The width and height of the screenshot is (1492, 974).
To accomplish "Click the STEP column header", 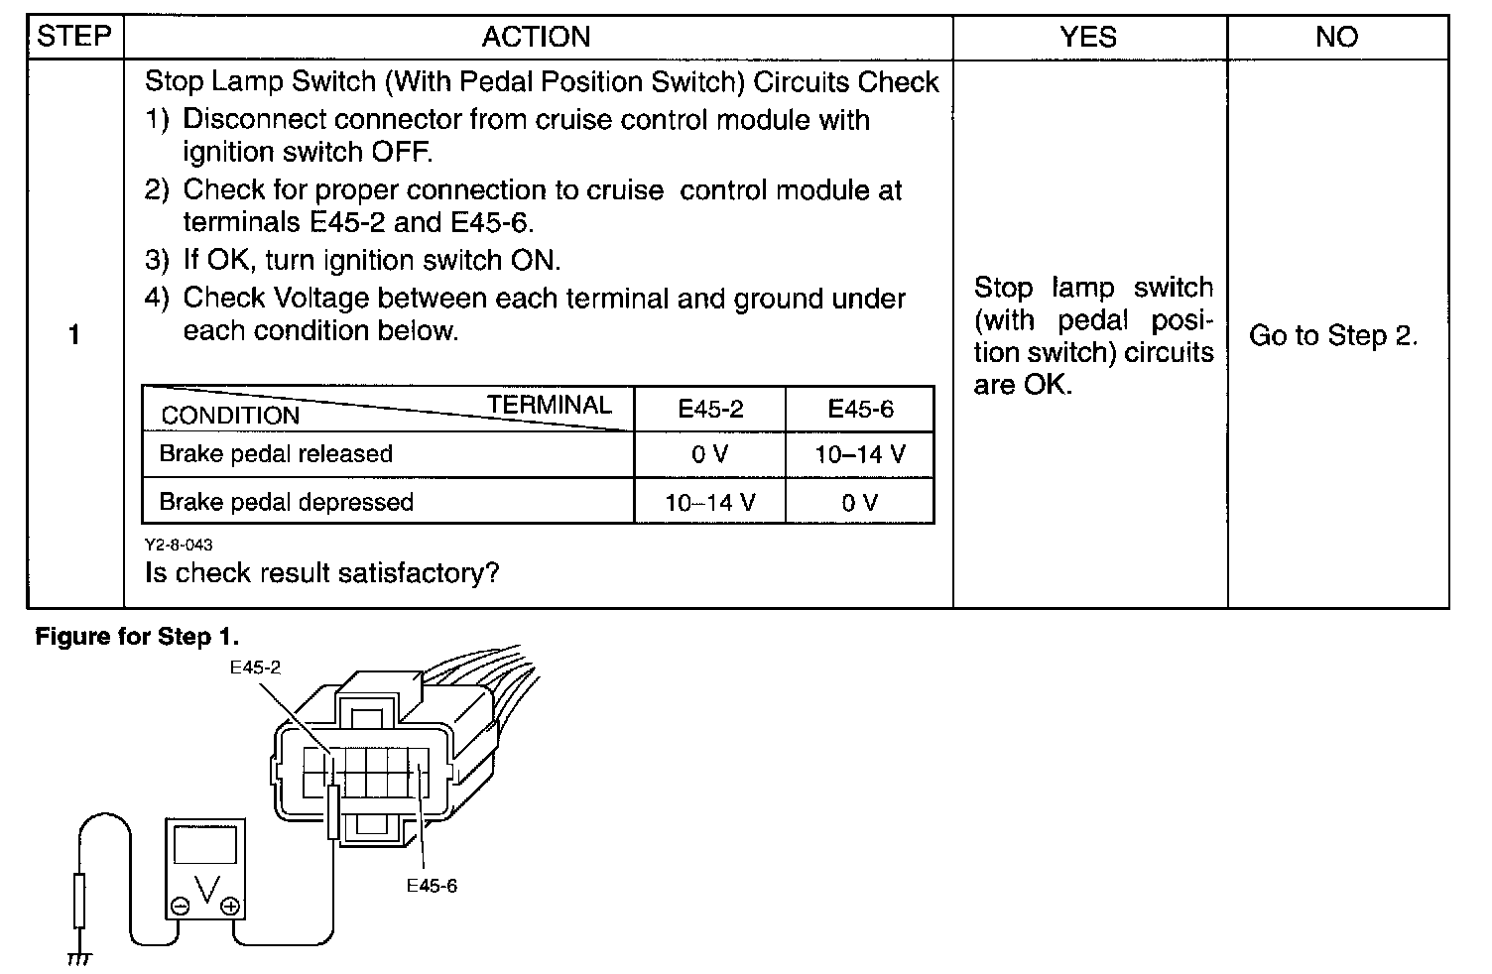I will pyautogui.click(x=74, y=37).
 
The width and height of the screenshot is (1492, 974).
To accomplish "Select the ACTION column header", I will pyautogui.click(x=536, y=38).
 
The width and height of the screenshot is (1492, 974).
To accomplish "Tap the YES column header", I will pyautogui.click(x=1088, y=38).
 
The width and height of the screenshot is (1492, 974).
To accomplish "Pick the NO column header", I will pyautogui.click(x=1336, y=38).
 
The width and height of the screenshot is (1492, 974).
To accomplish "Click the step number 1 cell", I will pyautogui.click(x=74, y=335).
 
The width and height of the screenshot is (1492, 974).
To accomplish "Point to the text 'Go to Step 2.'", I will pyautogui.click(x=1333, y=336).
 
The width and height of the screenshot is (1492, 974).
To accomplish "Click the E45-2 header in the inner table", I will pyautogui.click(x=710, y=410).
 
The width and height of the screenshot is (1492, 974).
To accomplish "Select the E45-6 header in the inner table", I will pyautogui.click(x=860, y=410).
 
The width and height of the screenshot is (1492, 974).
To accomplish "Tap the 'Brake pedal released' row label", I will pyautogui.click(x=276, y=454).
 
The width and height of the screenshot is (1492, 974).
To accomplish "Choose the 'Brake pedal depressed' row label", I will pyautogui.click(x=286, y=502).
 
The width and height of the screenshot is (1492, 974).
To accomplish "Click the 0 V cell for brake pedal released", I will pyautogui.click(x=710, y=455).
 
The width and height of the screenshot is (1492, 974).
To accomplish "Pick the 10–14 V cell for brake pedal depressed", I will pyautogui.click(x=710, y=503).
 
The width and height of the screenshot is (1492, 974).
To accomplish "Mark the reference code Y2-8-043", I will pyautogui.click(x=179, y=545).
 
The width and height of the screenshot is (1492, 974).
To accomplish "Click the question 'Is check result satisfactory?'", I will pyautogui.click(x=321, y=573).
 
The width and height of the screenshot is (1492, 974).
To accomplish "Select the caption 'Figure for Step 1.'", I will pyautogui.click(x=137, y=637).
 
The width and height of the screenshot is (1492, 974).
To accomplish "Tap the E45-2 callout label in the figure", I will pyautogui.click(x=255, y=669).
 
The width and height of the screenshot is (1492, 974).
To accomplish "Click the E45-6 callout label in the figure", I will pyautogui.click(x=432, y=886).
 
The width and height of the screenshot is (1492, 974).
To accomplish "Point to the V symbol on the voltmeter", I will pyautogui.click(x=206, y=890).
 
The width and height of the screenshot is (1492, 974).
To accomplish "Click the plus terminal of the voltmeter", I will pyautogui.click(x=230, y=906).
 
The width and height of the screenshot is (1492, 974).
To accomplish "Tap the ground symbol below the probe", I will pyautogui.click(x=79, y=958).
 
